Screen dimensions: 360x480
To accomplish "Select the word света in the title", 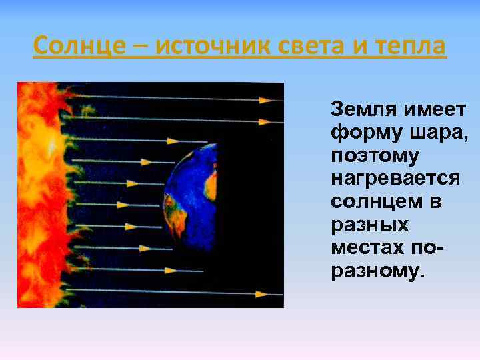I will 320,47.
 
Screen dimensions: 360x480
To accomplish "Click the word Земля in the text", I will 358,109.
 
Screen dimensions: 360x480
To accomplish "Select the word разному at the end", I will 375,271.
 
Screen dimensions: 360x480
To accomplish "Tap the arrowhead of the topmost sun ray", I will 266,100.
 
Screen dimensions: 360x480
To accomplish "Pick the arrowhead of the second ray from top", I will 266,121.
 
